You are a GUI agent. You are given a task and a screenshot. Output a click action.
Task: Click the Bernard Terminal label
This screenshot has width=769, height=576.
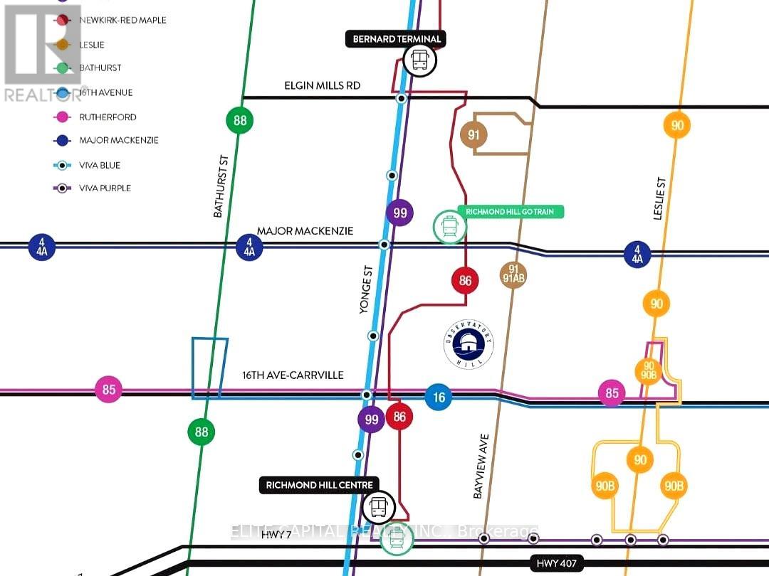point(395,39)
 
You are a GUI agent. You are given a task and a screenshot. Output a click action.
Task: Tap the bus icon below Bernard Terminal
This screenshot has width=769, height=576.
point(419,60)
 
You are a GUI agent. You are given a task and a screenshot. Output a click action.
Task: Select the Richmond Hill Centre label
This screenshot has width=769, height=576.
point(319,485)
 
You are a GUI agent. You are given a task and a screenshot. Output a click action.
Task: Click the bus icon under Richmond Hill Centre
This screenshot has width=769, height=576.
point(378,507)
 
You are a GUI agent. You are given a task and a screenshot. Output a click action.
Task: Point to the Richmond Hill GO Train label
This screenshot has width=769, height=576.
point(514,211)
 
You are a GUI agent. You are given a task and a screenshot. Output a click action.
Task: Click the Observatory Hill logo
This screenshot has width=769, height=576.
point(469,344)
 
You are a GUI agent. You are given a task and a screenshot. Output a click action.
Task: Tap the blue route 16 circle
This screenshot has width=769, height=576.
point(439,397)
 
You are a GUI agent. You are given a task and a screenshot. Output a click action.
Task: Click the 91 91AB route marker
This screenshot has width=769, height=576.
point(513,274)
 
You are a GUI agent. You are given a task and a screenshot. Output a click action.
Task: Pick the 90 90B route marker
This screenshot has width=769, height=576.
point(648,370)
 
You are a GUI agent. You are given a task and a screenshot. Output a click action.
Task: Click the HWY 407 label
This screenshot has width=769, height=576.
point(558,563)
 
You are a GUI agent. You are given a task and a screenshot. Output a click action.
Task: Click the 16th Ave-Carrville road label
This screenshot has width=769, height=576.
point(293,375)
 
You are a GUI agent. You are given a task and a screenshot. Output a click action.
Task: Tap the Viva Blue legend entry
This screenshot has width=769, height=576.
point(95,165)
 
